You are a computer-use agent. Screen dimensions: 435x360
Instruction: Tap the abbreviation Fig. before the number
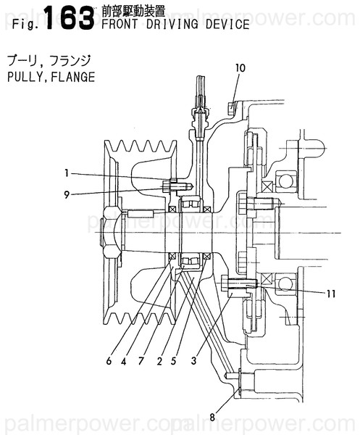tap(24, 26)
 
